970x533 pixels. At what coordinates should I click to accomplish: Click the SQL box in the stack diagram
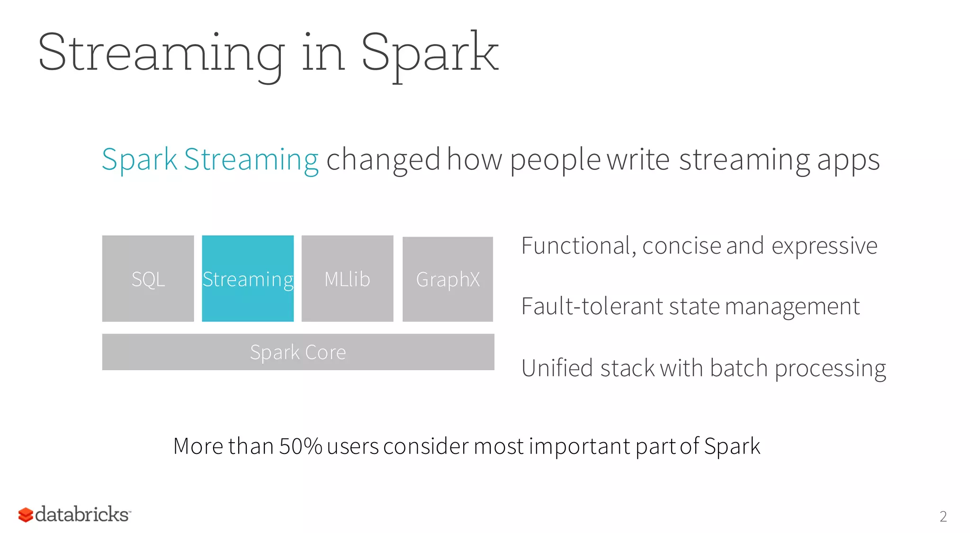pos(148,279)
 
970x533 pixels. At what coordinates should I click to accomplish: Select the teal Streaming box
pos(248,279)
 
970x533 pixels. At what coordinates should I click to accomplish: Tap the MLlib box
pos(347,279)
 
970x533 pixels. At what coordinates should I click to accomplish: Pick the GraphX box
pos(448,279)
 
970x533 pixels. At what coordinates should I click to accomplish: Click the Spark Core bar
pos(298,352)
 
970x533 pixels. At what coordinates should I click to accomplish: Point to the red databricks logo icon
pos(26,515)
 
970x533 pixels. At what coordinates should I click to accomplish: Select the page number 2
pos(943,516)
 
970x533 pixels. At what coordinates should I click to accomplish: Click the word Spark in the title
pos(429,53)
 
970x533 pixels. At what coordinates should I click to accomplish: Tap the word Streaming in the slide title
pos(161,53)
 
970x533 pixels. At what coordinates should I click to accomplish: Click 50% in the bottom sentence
pos(300,446)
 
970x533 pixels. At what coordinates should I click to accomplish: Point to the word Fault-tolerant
pos(592,306)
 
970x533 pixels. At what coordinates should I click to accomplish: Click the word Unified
pos(557,368)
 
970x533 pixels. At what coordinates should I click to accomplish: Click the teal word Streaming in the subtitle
pos(251,160)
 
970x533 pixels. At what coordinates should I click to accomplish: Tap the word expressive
pos(824,246)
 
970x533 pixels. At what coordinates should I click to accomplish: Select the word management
pos(792,306)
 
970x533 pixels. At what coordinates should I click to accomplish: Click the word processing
pos(830,369)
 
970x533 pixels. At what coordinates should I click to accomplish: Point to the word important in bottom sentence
pos(579,446)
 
